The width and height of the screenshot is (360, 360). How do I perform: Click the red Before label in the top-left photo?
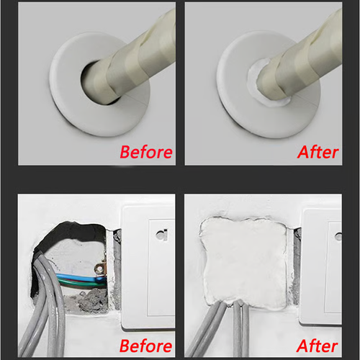(145, 152)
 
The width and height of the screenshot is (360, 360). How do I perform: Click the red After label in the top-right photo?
(318, 152)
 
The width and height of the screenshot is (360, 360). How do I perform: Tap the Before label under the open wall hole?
(145, 345)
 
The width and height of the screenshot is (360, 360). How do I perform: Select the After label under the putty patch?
(318, 345)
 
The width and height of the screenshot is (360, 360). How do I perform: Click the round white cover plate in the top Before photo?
(72, 108)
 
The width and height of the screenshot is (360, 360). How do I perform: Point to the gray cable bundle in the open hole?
(43, 302)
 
